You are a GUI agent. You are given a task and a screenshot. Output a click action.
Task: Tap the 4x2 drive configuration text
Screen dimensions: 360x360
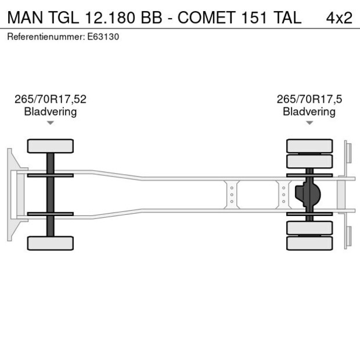[x=339, y=17]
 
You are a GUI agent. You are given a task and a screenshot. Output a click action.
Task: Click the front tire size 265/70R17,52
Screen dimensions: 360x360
[x=51, y=99]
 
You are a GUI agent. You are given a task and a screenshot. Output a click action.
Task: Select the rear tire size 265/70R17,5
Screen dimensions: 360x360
[x=309, y=99]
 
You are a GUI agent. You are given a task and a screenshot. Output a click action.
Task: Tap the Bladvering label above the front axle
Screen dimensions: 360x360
[x=51, y=111]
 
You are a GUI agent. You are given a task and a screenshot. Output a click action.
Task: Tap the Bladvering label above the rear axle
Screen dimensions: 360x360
[x=309, y=111]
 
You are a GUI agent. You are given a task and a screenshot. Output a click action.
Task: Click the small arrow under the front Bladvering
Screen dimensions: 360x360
[x=51, y=123]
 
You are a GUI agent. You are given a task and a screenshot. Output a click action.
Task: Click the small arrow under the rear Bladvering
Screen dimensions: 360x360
[x=309, y=123]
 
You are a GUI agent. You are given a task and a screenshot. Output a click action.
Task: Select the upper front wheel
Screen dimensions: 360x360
[x=51, y=146]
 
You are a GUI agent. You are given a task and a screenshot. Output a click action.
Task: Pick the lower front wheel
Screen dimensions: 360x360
[x=51, y=243]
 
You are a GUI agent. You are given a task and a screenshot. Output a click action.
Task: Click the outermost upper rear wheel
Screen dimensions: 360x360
[x=309, y=145]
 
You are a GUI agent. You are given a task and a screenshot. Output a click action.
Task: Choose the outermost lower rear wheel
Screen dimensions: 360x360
[x=309, y=243]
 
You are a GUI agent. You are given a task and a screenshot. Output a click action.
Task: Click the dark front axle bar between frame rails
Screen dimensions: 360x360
[x=51, y=194]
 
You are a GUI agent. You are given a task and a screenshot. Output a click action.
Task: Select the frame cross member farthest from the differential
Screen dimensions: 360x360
[x=232, y=195]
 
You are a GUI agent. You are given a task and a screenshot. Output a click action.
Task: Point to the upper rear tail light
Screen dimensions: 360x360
[x=348, y=152]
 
